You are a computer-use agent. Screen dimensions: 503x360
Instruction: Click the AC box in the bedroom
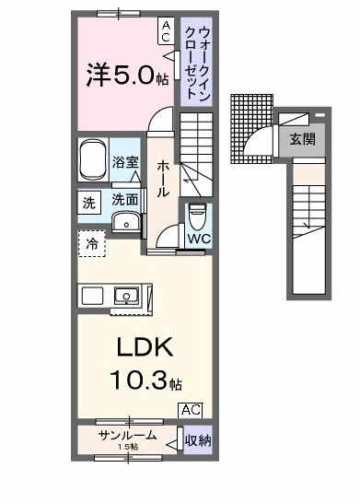pos(166,31)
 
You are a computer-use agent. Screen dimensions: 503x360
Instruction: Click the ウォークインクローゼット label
pos(195,57)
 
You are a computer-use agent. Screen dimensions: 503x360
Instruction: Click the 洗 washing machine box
pos(89,202)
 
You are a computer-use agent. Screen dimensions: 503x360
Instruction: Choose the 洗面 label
pos(125,199)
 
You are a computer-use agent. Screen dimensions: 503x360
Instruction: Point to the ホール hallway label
pos(163,178)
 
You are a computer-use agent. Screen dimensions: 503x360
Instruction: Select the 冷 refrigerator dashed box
pos(92,244)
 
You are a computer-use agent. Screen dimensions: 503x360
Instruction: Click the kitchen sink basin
pos(125,296)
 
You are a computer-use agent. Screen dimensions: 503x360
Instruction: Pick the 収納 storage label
pos(198,440)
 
